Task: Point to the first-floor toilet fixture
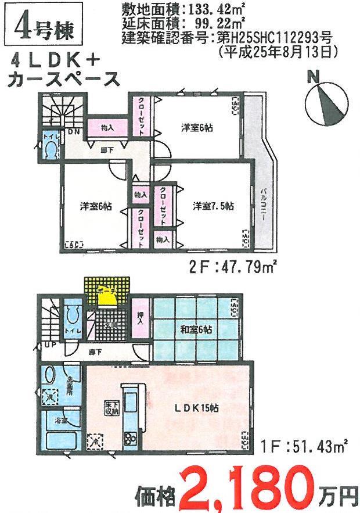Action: (x=73, y=320)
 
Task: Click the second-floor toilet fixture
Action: (x=51, y=150)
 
